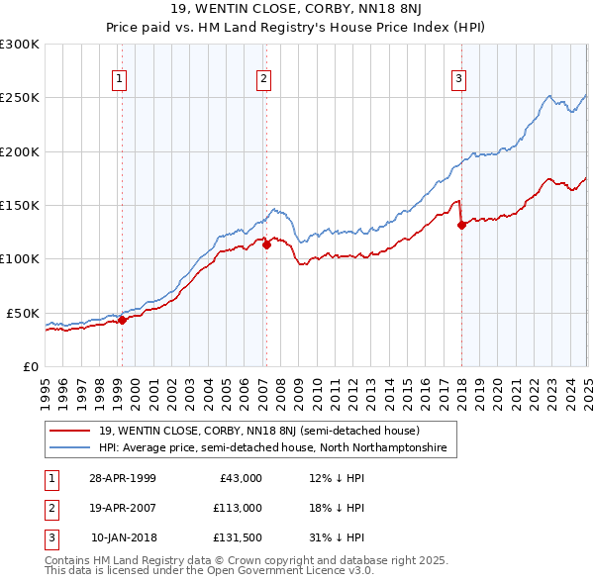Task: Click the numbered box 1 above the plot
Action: coord(120,80)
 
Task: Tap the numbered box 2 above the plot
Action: coord(264,80)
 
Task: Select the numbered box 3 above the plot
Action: coord(459,80)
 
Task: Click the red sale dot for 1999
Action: coord(122,320)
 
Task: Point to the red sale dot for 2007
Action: coord(266,245)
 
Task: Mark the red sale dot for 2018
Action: coord(461,225)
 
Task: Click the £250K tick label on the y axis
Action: coord(20,98)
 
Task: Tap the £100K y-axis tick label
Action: coord(20,258)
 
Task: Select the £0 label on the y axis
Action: coord(29,366)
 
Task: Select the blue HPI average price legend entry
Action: coord(272,448)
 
